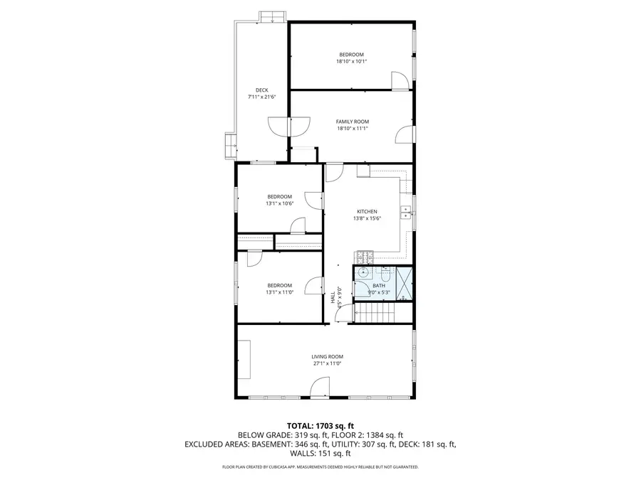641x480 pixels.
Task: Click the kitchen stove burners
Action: pyautogui.click(x=364, y=256)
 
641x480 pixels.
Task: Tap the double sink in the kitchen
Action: pyautogui.click(x=405, y=211)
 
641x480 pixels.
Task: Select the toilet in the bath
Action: pyautogui.click(x=385, y=272)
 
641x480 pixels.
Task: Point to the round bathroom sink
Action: pyautogui.click(x=363, y=272)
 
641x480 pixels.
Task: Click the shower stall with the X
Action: pyautogui.click(x=405, y=282)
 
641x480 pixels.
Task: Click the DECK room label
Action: pyautogui.click(x=261, y=90)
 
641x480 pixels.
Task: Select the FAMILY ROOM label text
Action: pyautogui.click(x=352, y=122)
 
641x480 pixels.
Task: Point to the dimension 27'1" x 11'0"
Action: pyautogui.click(x=327, y=363)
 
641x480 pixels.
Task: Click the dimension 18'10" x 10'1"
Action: pyautogui.click(x=351, y=61)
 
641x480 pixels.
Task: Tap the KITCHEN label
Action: pyautogui.click(x=367, y=212)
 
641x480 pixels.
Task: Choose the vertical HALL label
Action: pyautogui.click(x=333, y=297)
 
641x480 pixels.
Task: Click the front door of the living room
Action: pyautogui.click(x=320, y=388)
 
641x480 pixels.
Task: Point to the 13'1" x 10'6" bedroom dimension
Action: pyautogui.click(x=279, y=203)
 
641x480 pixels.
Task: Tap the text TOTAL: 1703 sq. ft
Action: pyautogui.click(x=320, y=425)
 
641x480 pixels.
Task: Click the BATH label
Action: pyautogui.click(x=377, y=285)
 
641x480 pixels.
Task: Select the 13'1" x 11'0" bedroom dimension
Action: pyautogui.click(x=279, y=292)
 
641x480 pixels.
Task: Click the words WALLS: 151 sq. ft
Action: pyautogui.click(x=320, y=453)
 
